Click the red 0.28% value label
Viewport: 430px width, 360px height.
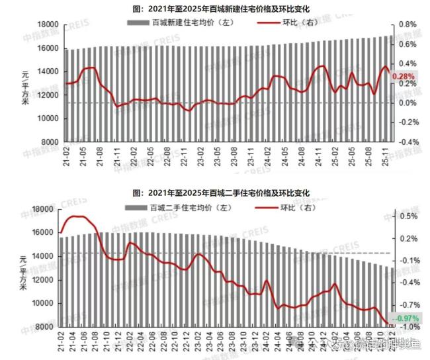pyautogui.click(x=403, y=77)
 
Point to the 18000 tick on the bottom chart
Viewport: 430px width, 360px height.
pyautogui.click(x=41, y=209)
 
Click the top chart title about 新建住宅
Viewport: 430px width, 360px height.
pyautogui.click(x=220, y=9)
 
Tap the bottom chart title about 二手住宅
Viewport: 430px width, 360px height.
pyautogui.click(x=220, y=193)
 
